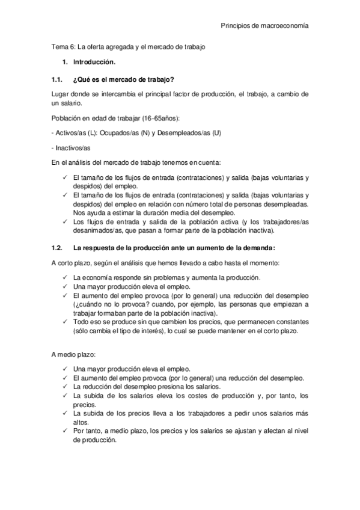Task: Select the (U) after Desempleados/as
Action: pos(216,132)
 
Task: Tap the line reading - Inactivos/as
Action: pos(70,147)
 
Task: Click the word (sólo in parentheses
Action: pos(81,331)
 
